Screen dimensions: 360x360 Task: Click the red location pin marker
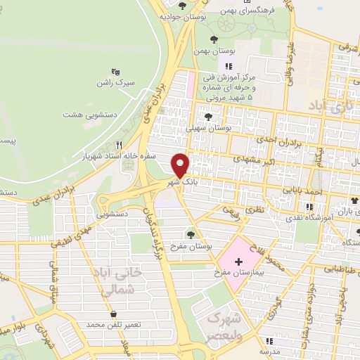181,165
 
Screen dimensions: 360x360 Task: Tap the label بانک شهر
179,181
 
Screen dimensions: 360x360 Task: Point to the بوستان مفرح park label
191,245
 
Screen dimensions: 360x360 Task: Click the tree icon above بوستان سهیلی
208,117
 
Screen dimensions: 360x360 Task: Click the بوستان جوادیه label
177,15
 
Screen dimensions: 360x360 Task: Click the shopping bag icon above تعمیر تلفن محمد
114,314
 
